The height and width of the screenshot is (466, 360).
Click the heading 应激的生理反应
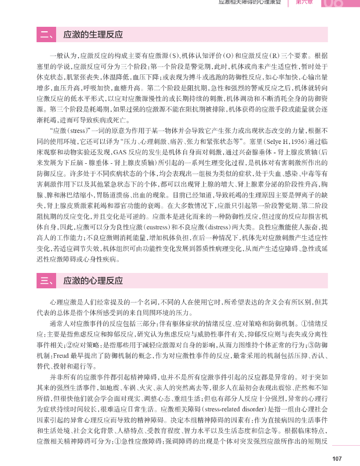(x=93, y=35)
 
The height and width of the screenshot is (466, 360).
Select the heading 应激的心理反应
(x=93, y=281)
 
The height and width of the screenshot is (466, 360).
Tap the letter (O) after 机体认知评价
(x=228, y=56)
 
